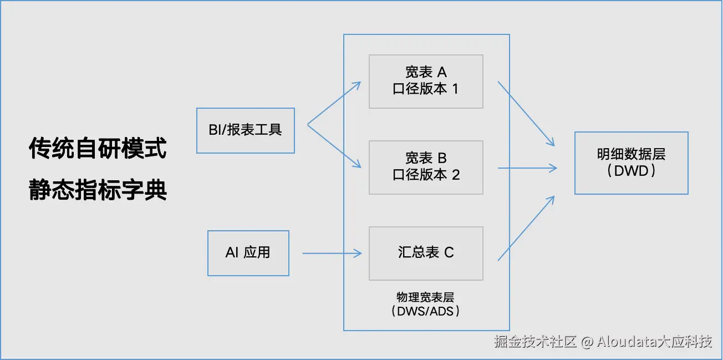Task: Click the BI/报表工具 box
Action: (x=246, y=130)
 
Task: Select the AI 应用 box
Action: (x=248, y=253)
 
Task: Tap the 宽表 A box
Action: (x=426, y=81)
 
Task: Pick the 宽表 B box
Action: (x=426, y=167)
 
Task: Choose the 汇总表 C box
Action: (x=426, y=253)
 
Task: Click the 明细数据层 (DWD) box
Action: (x=631, y=163)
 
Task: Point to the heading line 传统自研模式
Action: (x=98, y=149)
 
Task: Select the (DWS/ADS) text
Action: (x=426, y=311)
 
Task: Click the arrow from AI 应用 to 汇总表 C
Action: (x=332, y=253)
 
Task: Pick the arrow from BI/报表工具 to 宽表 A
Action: (x=334, y=103)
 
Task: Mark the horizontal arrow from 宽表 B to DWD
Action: (x=527, y=168)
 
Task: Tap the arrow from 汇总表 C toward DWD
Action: (x=526, y=228)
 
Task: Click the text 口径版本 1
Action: (x=426, y=89)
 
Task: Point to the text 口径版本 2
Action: (x=426, y=175)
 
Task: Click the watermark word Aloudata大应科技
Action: (x=654, y=342)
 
